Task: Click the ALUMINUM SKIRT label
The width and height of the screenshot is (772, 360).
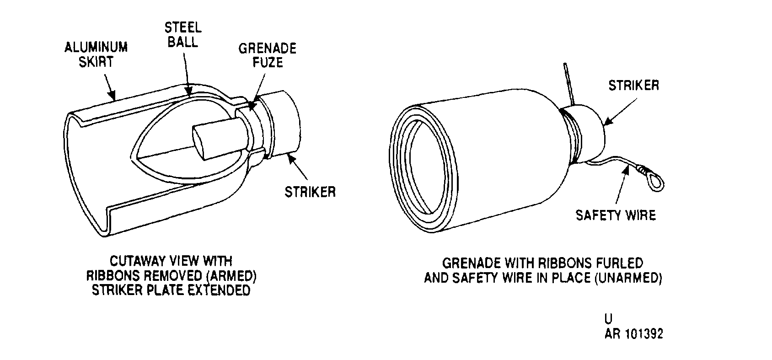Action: [x=96, y=54]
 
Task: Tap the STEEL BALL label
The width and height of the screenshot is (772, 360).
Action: [x=183, y=34]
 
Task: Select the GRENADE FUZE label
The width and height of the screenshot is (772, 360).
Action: [x=268, y=55]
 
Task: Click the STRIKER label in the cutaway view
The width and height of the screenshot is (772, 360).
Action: [x=310, y=192]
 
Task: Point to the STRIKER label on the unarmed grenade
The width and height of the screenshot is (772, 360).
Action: [x=634, y=85]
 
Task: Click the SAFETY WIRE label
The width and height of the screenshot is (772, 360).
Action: [x=616, y=215]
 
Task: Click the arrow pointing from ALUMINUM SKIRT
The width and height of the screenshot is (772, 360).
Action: [x=110, y=87]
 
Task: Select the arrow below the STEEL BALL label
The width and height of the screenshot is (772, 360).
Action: [x=187, y=74]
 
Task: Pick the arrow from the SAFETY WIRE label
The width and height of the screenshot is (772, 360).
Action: [x=622, y=184]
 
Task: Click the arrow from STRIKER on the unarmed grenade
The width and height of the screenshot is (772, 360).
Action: [x=620, y=111]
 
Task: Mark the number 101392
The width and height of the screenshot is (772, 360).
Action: [x=644, y=334]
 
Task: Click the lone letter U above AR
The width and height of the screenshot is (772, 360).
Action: [x=609, y=319]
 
